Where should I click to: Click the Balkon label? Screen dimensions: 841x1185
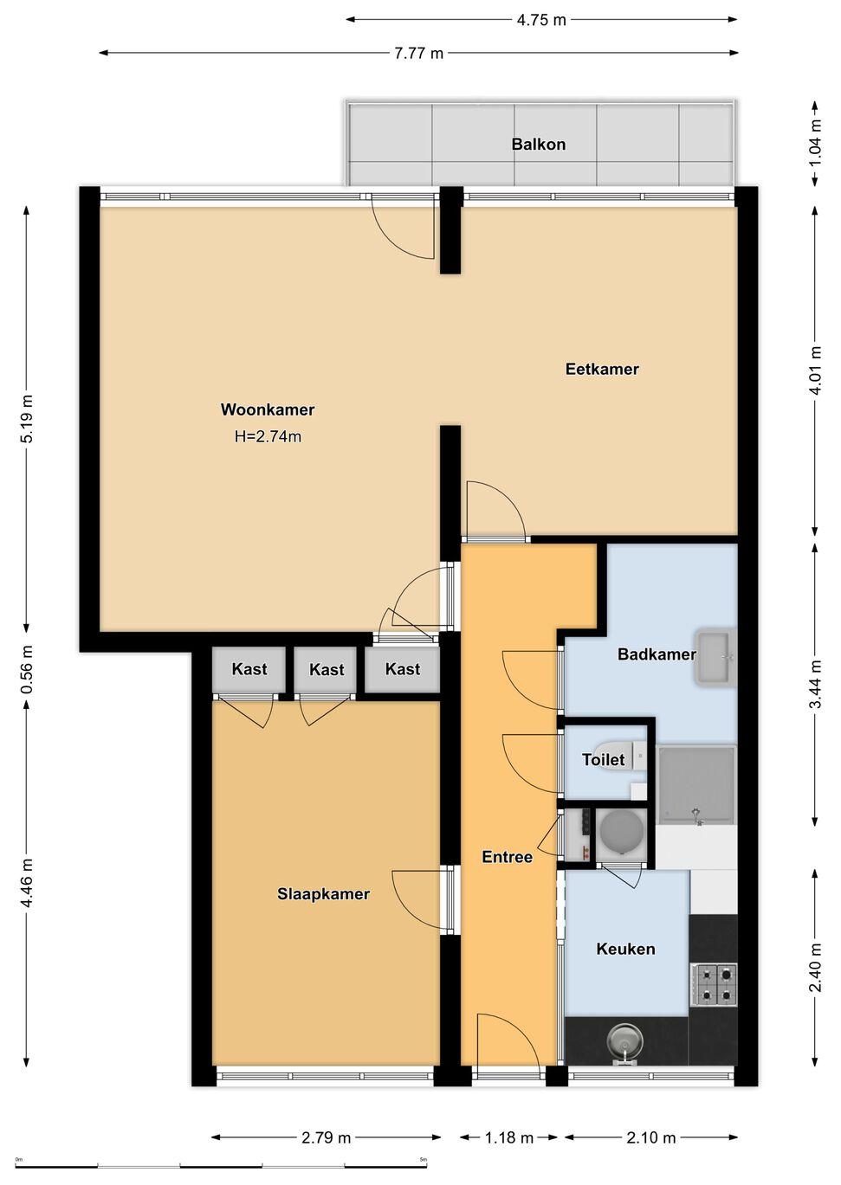point(538,145)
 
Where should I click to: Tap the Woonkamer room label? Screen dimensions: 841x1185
point(268,409)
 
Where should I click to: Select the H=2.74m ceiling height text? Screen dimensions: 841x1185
point(268,436)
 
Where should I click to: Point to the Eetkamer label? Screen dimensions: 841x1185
point(602,369)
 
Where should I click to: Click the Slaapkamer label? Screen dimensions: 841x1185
point(323,894)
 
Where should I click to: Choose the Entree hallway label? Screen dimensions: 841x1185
point(507,857)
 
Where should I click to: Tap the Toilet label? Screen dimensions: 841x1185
point(604,760)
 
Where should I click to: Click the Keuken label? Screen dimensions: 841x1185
point(625,949)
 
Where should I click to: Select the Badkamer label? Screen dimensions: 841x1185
point(657,654)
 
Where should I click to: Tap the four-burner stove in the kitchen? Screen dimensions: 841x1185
point(714,985)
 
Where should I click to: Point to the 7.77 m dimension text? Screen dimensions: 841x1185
point(418,54)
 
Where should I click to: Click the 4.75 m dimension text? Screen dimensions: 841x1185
point(541,20)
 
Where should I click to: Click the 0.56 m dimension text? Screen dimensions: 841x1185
point(28,669)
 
